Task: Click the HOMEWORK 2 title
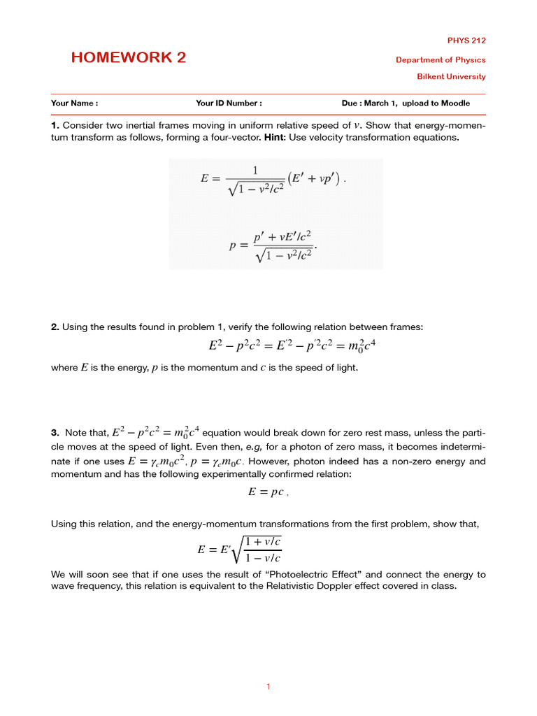pos(129,58)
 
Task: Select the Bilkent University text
pos(451,77)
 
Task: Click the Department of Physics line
pos(441,60)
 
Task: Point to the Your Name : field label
pos(74,103)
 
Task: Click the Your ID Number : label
pos(229,103)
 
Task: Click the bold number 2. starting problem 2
pos(55,327)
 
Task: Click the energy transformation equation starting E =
pos(273,180)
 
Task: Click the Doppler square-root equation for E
pos(240,549)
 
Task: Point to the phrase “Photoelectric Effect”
pos(357,575)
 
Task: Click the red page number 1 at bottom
pos(268,687)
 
